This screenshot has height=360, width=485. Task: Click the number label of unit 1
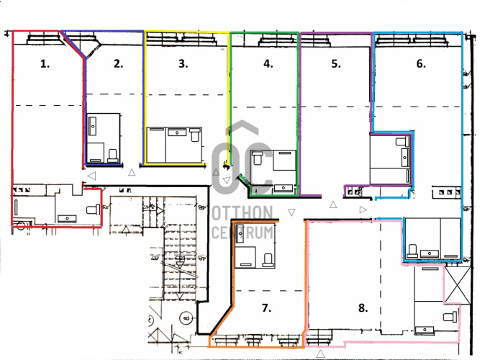tap(45, 64)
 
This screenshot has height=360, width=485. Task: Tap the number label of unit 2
tap(119, 64)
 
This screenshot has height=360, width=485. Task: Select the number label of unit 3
tap(183, 64)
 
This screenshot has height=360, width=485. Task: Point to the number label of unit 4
tap(268, 64)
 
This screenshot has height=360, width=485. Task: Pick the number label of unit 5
tap(336, 64)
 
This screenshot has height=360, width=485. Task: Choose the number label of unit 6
tap(421, 64)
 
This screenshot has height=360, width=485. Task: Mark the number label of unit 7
tap(267, 308)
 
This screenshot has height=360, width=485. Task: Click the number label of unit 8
tap(363, 308)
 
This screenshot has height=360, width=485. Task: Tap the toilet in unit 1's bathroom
tap(93, 210)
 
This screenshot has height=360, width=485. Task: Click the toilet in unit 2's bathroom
tap(113, 156)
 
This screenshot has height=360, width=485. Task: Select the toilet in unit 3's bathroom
tap(194, 135)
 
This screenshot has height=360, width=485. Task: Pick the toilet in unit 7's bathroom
tap(268, 261)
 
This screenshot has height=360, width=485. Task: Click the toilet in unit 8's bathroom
tap(450, 317)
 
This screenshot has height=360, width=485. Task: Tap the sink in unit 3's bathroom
tap(177, 132)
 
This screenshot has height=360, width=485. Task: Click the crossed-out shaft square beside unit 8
tap(458, 285)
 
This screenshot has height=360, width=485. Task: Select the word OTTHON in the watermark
tap(242, 212)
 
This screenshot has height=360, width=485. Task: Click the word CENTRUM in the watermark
tap(242, 233)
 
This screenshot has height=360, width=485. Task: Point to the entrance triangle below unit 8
tap(320, 354)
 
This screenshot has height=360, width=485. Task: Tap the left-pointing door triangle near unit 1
tap(91, 176)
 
